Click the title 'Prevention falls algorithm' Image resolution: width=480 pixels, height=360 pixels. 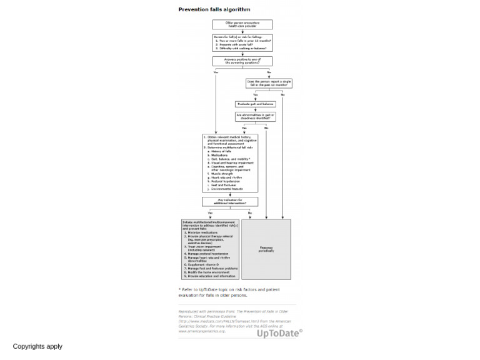click(x=214, y=9)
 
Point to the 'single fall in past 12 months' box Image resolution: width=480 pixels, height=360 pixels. click(x=269, y=83)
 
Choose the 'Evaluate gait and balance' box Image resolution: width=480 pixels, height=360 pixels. click(x=255, y=104)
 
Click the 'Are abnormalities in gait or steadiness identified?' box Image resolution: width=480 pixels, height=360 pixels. click(x=255, y=116)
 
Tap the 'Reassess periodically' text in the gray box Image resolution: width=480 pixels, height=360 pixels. click(x=266, y=249)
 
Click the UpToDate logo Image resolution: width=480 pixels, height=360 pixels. click(x=279, y=333)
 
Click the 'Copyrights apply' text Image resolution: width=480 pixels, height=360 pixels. click(x=37, y=346)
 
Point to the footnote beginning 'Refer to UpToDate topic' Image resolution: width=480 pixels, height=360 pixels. click(x=229, y=292)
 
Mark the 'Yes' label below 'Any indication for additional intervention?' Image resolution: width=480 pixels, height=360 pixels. click(x=211, y=213)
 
